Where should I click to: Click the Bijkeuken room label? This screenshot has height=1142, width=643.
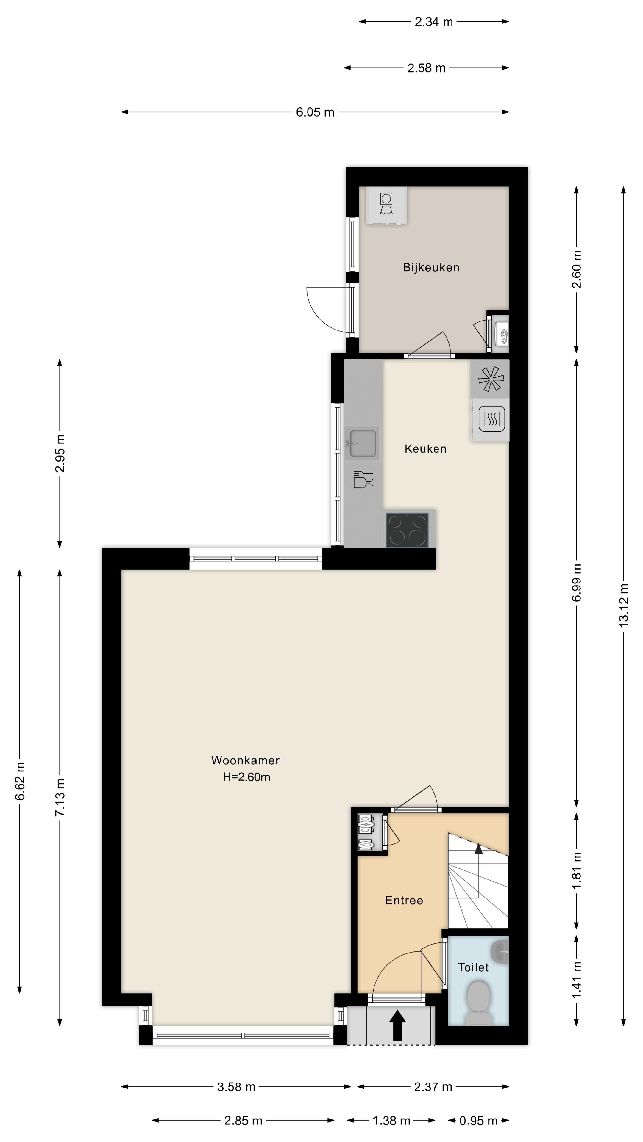[x=431, y=267]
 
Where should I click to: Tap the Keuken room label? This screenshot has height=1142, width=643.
[x=425, y=449]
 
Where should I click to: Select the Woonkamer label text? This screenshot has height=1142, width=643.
[x=245, y=760]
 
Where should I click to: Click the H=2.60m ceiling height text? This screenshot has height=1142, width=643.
[x=246, y=777]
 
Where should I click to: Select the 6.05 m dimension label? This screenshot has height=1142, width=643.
[x=315, y=112]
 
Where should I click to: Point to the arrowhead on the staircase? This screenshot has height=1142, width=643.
[x=478, y=848]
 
